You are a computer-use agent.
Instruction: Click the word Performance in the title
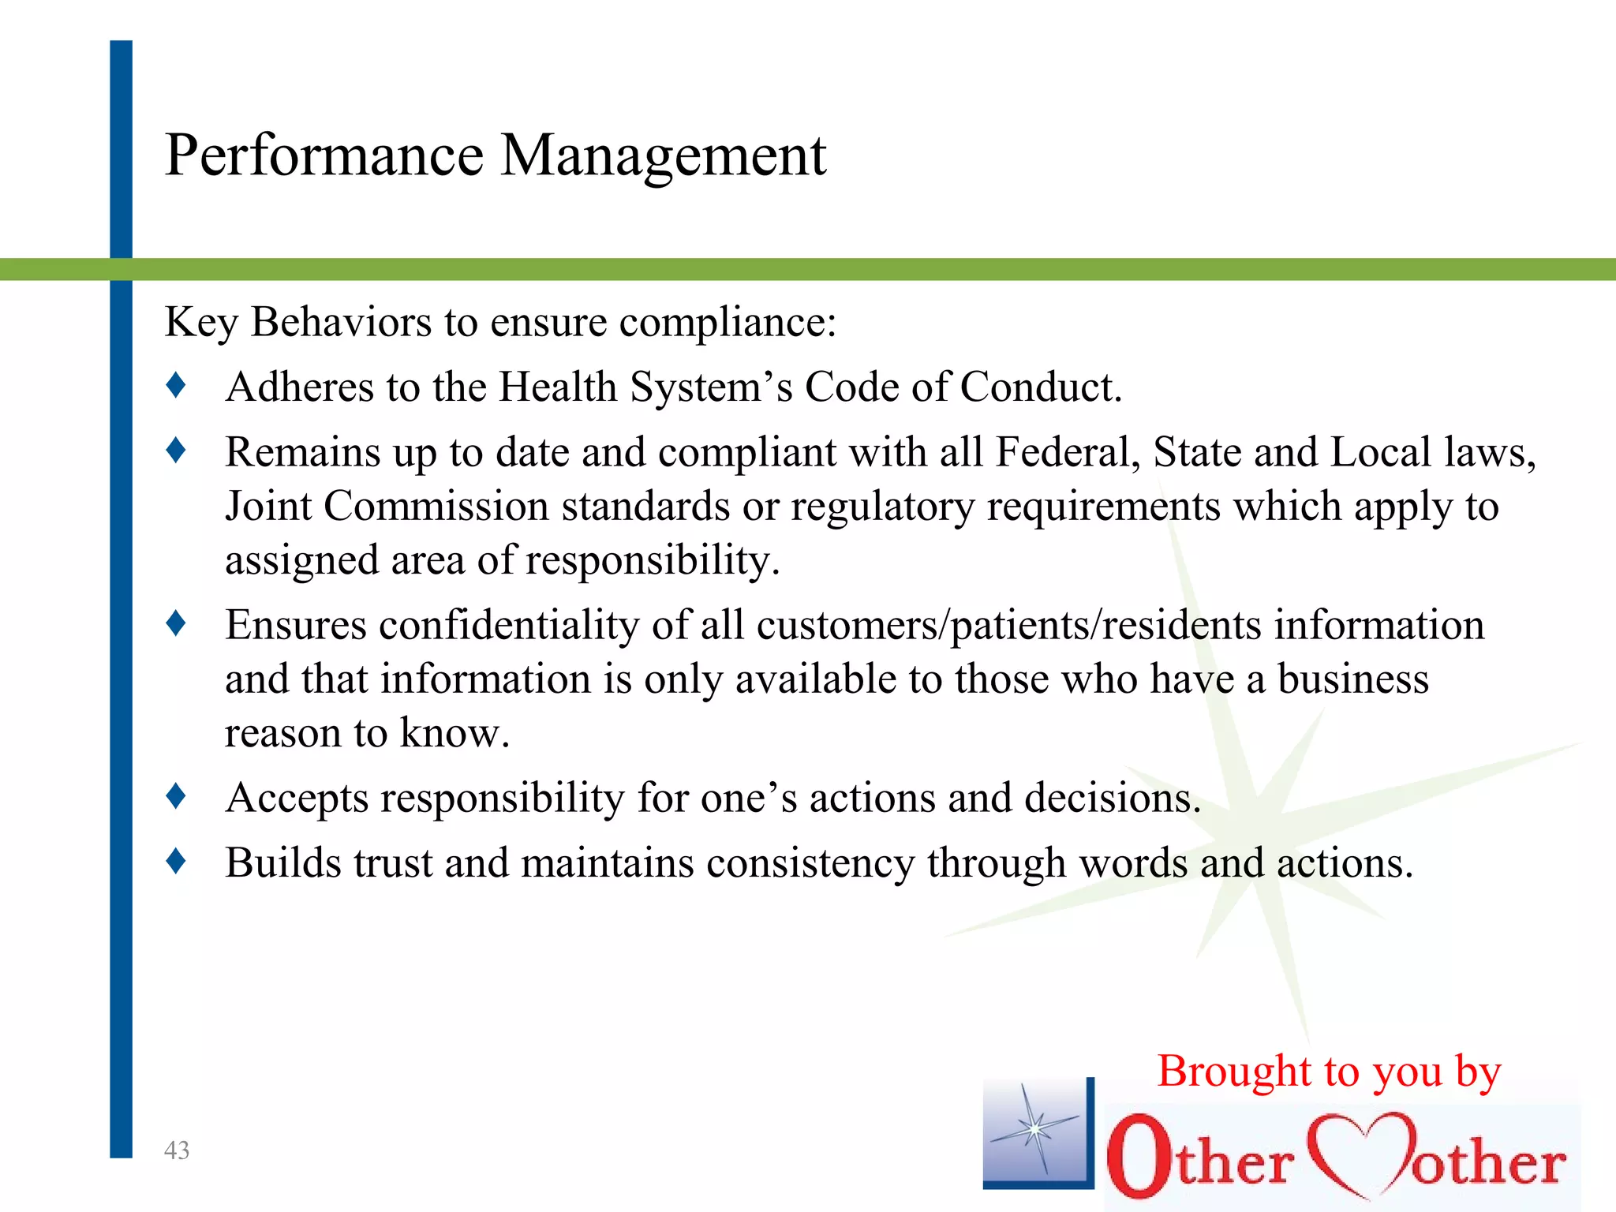[324, 155]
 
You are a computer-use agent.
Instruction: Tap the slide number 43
[177, 1150]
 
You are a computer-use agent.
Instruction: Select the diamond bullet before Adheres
[176, 385]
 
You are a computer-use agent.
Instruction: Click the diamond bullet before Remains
[176, 451]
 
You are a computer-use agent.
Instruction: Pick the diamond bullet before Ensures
[176, 623]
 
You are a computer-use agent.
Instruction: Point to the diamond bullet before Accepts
[176, 795]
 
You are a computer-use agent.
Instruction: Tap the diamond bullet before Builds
[176, 861]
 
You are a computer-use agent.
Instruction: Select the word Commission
[436, 507]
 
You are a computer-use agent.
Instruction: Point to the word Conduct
[1040, 387]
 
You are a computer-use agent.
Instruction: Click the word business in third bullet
[1352, 679]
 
